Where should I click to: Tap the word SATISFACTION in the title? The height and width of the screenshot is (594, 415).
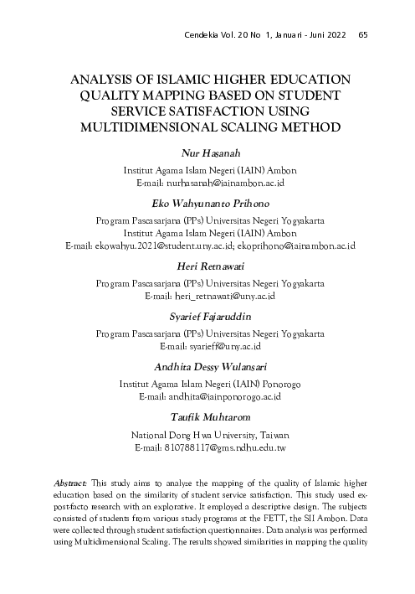pos(197,111)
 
